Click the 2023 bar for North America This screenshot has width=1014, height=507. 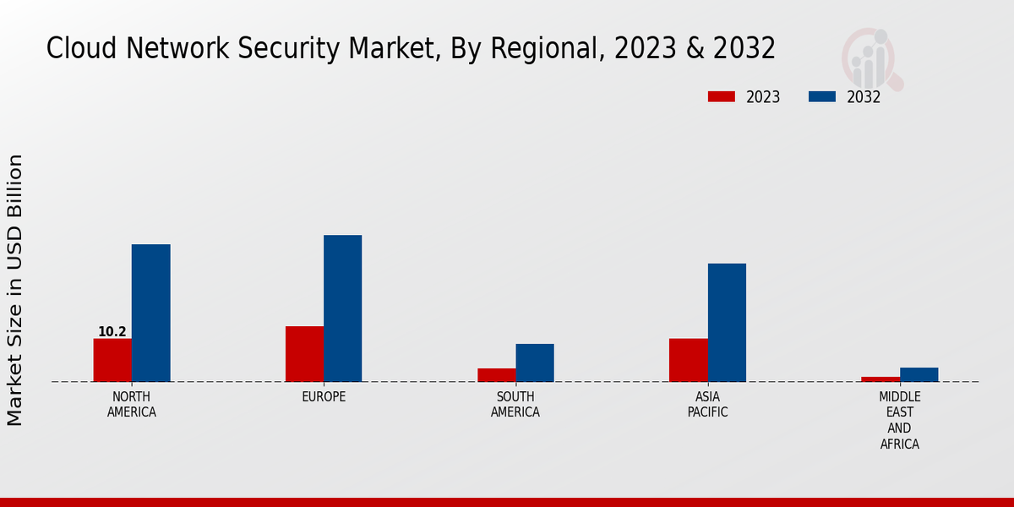point(112,360)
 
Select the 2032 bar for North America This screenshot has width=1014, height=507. point(150,313)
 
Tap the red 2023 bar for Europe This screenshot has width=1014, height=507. point(304,354)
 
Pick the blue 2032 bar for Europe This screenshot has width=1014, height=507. point(342,308)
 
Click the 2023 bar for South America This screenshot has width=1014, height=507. point(496,375)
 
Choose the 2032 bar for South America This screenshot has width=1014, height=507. point(535,363)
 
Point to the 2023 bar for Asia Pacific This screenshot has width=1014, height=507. point(688,360)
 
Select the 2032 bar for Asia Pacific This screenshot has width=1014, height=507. point(727,323)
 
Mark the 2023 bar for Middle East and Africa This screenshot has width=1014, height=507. point(880,379)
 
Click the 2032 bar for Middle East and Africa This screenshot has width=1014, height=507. point(919,374)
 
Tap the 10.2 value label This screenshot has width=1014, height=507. point(112,332)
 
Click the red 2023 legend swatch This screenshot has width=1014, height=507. point(721,97)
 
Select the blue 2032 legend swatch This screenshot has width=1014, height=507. point(821,97)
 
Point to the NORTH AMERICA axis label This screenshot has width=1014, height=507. point(132,405)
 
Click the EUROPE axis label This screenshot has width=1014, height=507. point(324,397)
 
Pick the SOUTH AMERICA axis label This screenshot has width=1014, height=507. point(515,405)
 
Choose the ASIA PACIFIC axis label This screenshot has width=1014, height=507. point(707,405)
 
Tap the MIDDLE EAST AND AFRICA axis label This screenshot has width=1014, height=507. point(900,421)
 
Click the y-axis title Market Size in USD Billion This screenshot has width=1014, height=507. point(15,290)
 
